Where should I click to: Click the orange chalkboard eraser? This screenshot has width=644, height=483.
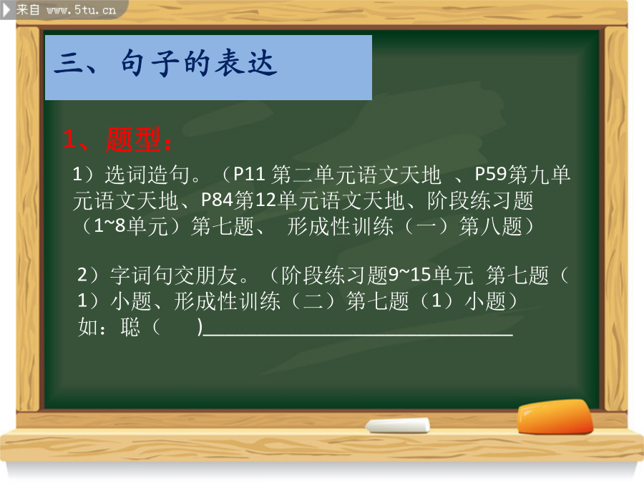tap(555, 417)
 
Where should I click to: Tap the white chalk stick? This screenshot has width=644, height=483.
tap(398, 426)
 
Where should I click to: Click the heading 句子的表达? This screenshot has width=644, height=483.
tap(198, 63)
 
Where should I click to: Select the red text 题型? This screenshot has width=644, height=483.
tap(132, 140)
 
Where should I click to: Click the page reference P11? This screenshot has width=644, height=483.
tap(249, 174)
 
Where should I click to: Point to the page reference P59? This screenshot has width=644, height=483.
tap(490, 174)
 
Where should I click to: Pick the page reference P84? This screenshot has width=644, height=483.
tap(217, 200)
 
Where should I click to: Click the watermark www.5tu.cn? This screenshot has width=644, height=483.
tap(81, 9)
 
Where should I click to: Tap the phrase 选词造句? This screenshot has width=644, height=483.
tap(147, 175)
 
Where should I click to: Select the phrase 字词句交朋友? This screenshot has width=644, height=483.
tap(174, 275)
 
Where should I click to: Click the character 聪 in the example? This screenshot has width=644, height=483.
tap(130, 327)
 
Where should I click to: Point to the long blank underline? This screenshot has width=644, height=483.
tap(358, 335)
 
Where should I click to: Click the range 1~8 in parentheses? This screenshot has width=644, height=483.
tap(109, 226)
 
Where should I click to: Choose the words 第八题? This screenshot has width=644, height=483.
tap(490, 226)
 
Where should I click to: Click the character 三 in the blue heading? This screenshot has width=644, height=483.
tap(69, 63)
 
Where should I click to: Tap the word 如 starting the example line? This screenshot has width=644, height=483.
tap(88, 327)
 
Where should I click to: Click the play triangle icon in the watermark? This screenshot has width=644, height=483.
tap(6, 10)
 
